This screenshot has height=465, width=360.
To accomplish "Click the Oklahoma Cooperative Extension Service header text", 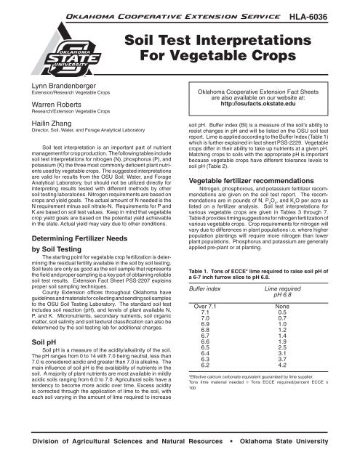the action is point(161,13).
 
